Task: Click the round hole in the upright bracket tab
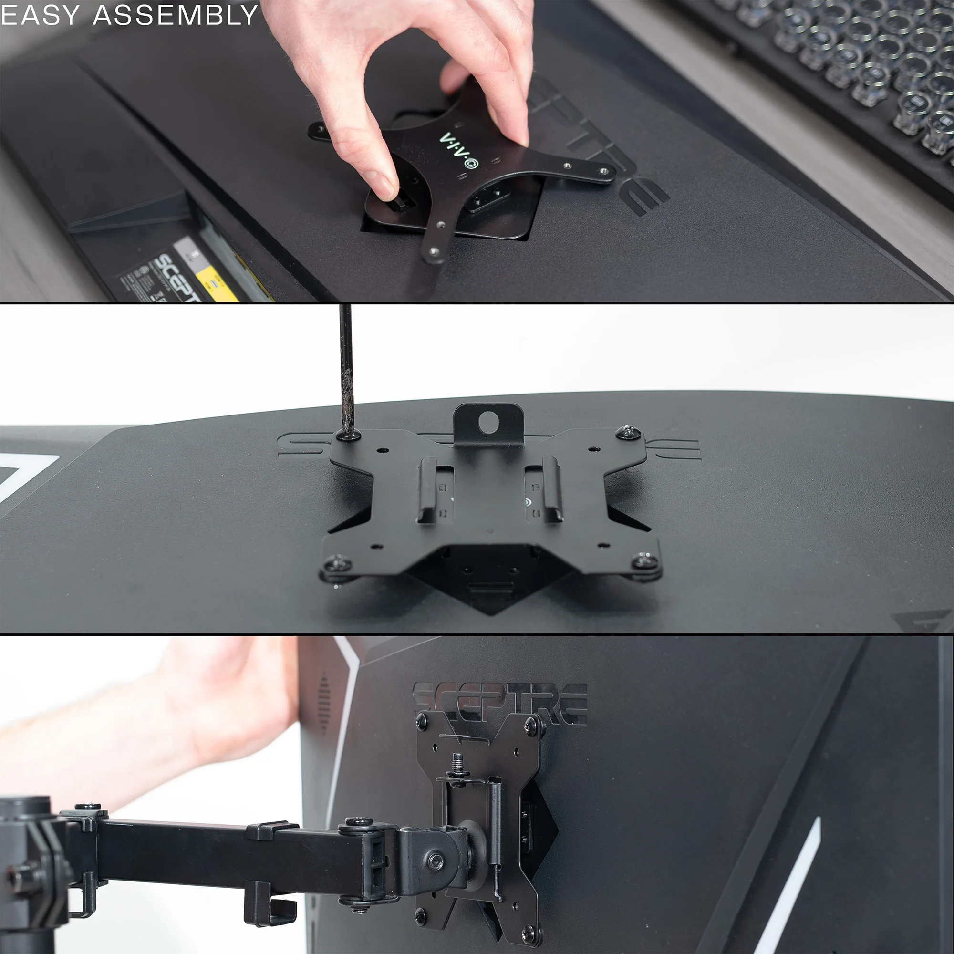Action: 488,419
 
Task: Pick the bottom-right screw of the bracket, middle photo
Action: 644,560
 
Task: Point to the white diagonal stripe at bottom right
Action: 790,889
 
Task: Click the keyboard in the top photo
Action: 840,74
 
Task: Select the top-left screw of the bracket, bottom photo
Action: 422,720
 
